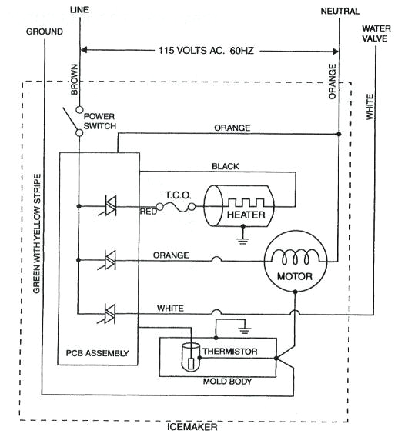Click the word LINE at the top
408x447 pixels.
click(x=79, y=9)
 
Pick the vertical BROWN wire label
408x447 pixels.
click(x=75, y=79)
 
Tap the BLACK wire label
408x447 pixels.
click(x=225, y=166)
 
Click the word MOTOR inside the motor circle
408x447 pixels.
click(x=293, y=273)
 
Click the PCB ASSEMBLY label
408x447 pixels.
click(x=97, y=354)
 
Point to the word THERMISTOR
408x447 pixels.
click(x=239, y=352)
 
